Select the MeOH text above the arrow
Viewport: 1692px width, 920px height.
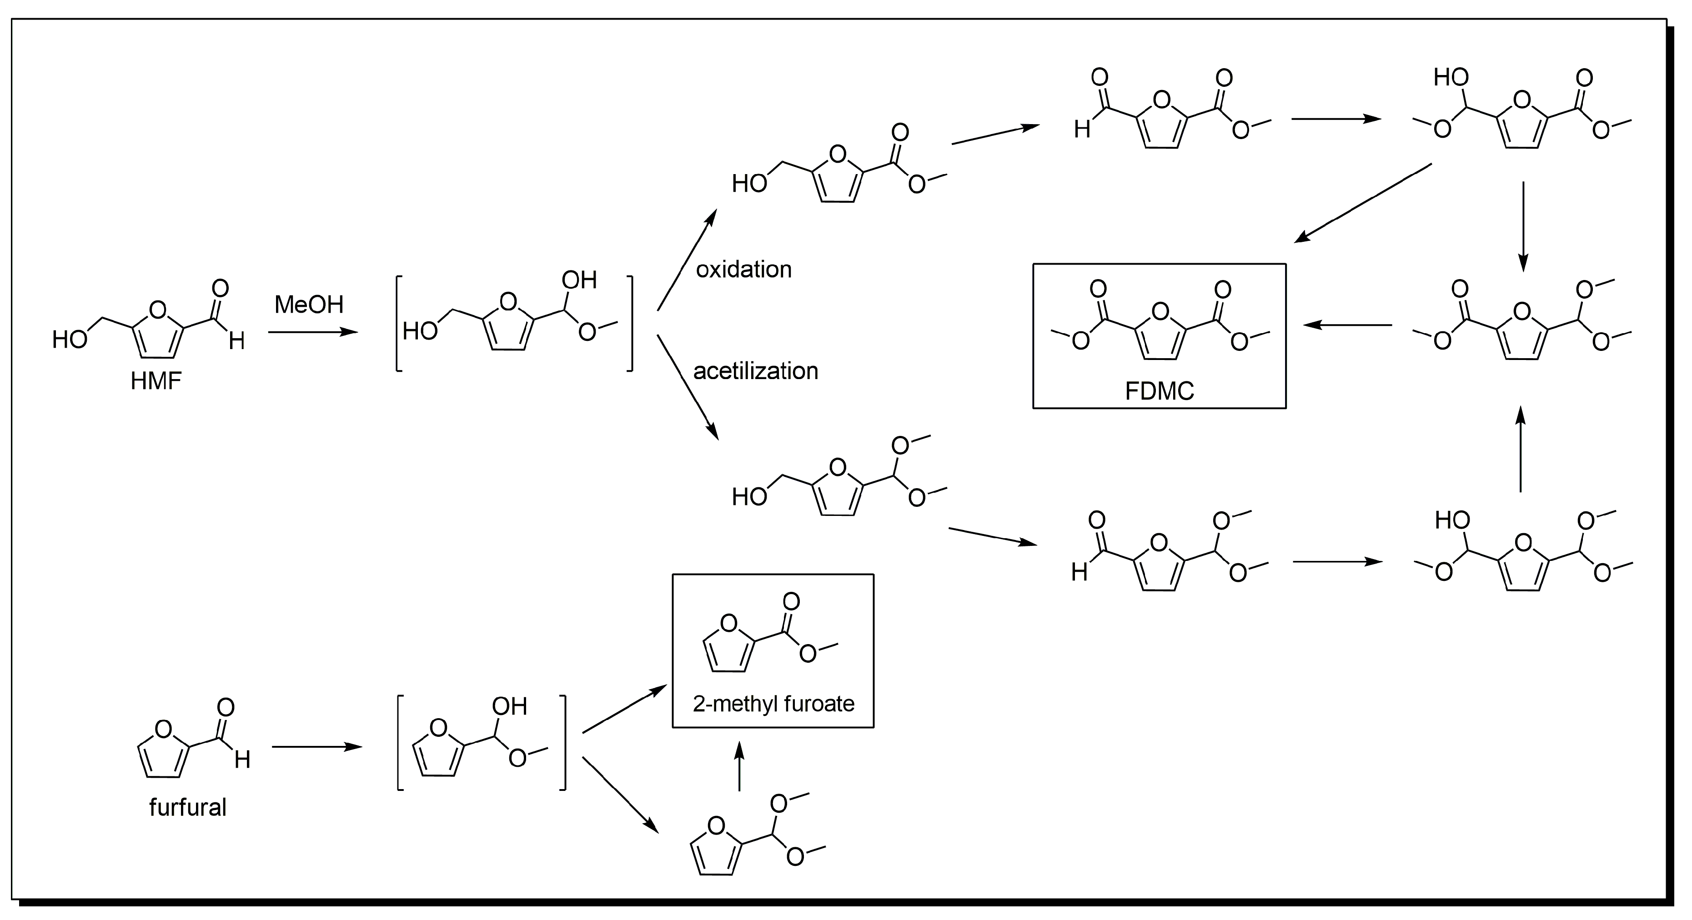pyautogui.click(x=309, y=304)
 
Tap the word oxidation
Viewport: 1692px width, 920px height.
pyautogui.click(x=743, y=269)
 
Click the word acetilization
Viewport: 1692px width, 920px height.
pyautogui.click(x=755, y=371)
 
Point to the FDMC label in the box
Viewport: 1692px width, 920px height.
pyautogui.click(x=1160, y=391)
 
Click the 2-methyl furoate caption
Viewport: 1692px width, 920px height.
pyautogui.click(x=773, y=704)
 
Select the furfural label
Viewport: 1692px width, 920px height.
pyautogui.click(x=188, y=807)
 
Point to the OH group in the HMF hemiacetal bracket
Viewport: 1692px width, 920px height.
pyautogui.click(x=579, y=280)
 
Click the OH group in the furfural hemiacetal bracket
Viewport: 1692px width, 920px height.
pyautogui.click(x=510, y=706)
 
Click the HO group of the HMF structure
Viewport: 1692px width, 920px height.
pyautogui.click(x=70, y=340)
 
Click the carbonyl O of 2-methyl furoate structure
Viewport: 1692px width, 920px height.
pyautogui.click(x=792, y=601)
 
